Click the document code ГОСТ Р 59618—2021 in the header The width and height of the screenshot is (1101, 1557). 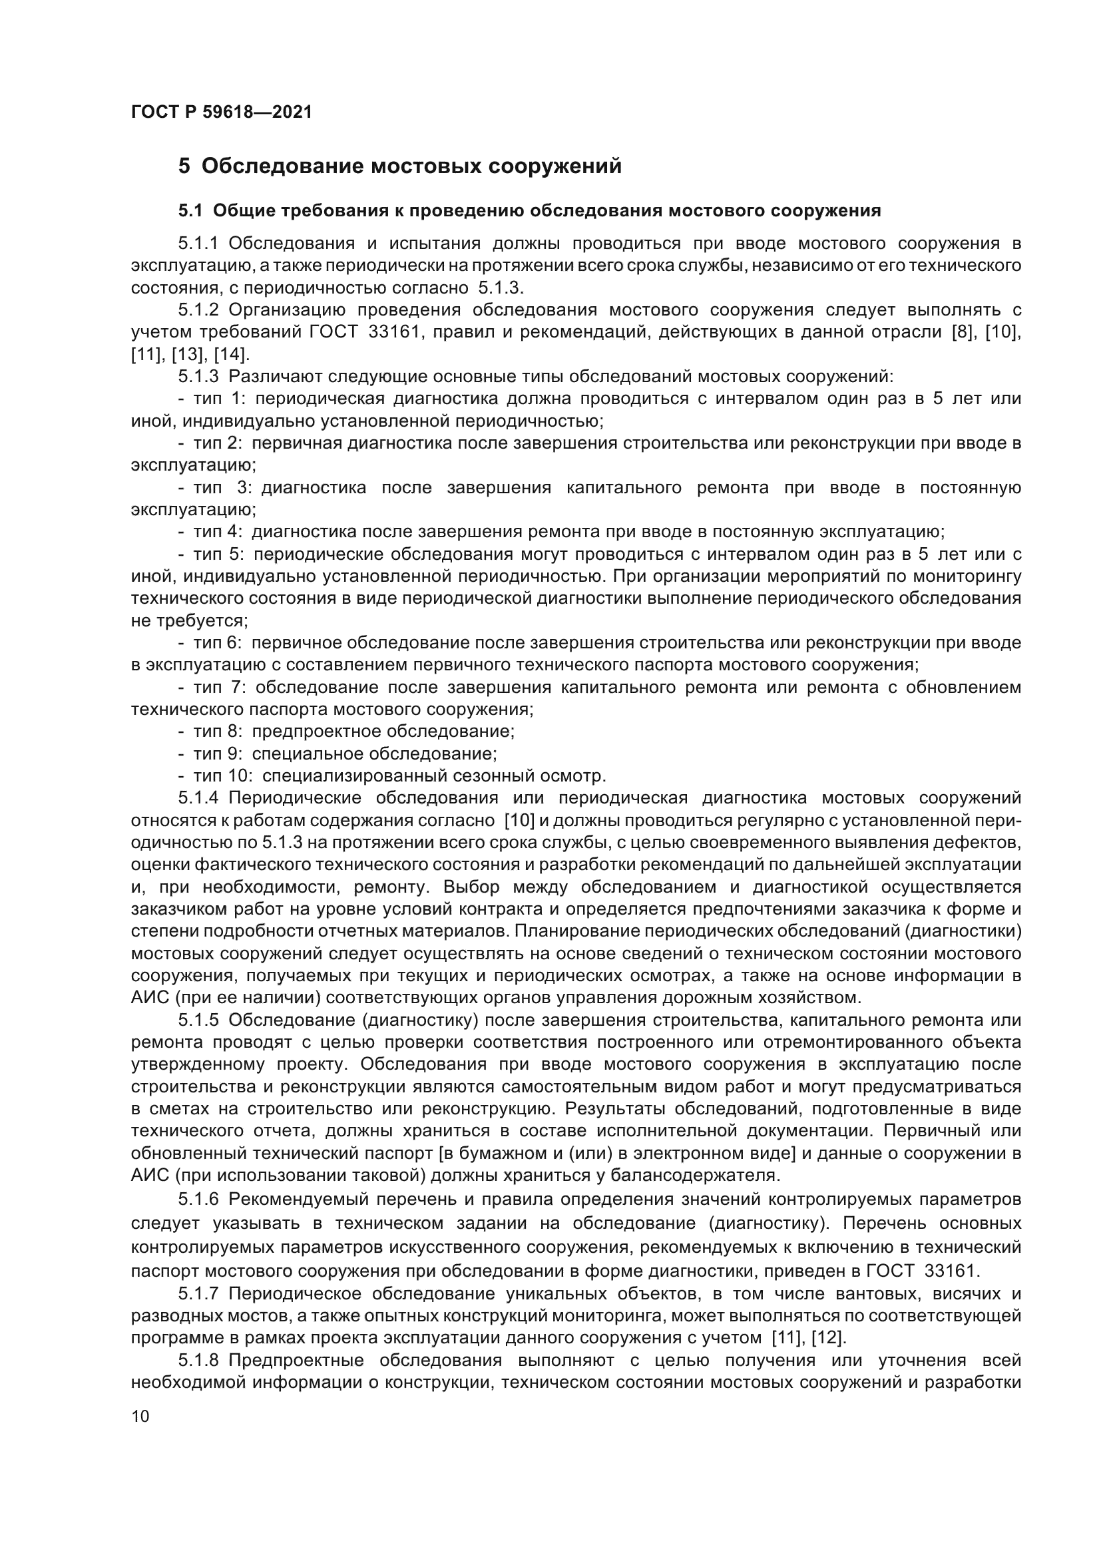click(222, 112)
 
